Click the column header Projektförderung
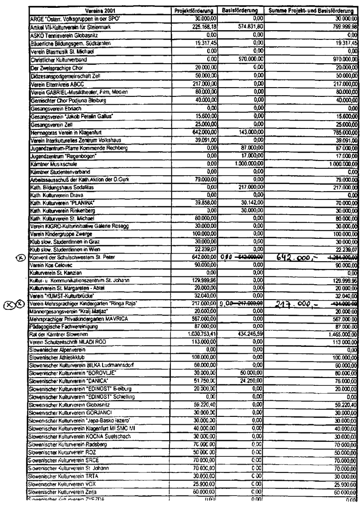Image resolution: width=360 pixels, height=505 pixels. click(194, 10)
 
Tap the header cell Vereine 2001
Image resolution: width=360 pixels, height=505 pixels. click(101, 10)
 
